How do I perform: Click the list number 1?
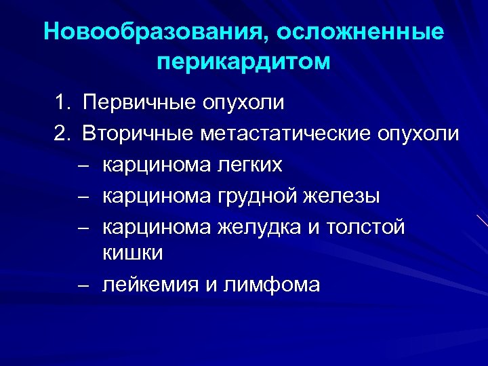coord(62,104)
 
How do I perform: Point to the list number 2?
coord(62,134)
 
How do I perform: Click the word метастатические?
coord(285,134)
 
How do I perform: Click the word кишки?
coord(133,253)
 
